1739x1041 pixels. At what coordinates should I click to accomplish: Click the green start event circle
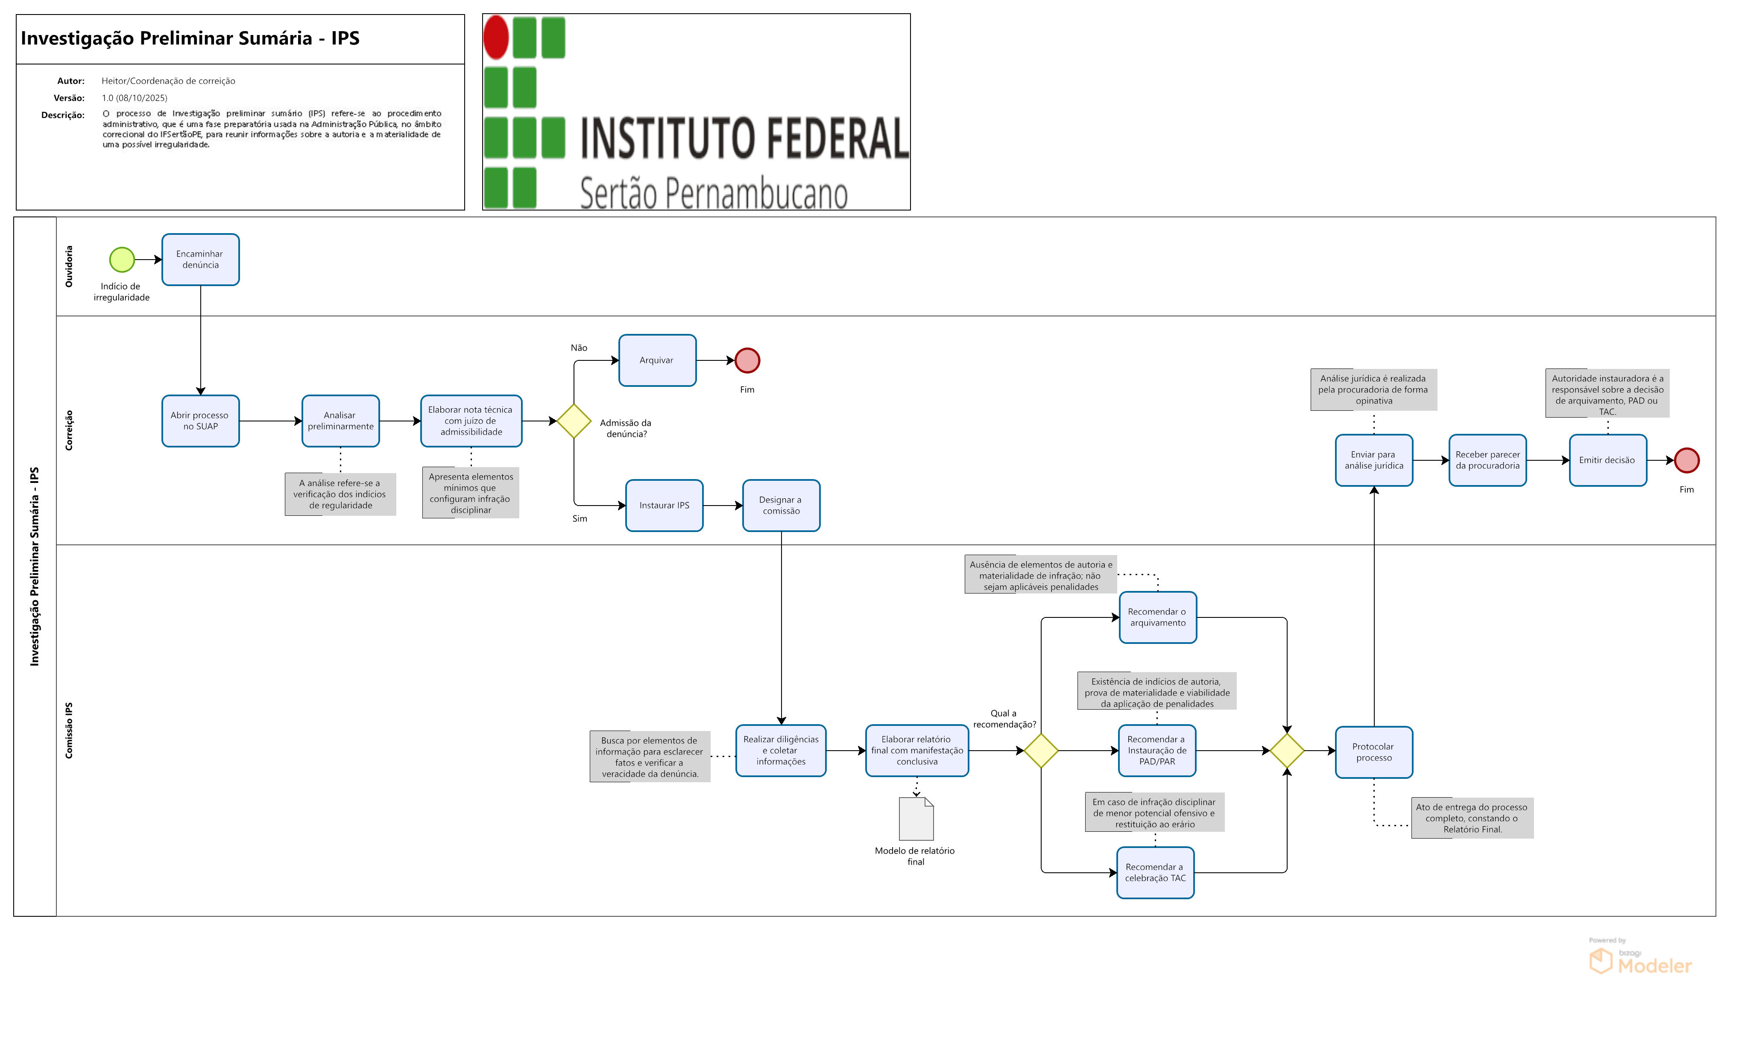click(x=122, y=260)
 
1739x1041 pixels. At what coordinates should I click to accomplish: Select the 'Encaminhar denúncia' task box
click(x=201, y=260)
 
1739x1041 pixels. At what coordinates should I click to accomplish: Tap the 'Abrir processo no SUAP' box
click(x=201, y=421)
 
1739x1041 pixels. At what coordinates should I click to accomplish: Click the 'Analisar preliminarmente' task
click(x=340, y=421)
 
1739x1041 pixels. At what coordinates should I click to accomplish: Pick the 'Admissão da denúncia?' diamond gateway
click(x=574, y=421)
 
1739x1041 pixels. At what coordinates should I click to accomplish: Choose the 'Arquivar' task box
click(x=657, y=360)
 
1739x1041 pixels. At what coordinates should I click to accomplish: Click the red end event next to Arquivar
click(x=747, y=360)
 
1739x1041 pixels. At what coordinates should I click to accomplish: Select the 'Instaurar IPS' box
click(x=665, y=505)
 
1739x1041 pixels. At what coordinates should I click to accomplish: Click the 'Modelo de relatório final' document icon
click(x=916, y=819)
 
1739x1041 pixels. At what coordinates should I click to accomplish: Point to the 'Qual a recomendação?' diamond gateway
click(x=1041, y=751)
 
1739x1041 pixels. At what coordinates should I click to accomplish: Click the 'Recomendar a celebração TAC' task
click(x=1155, y=873)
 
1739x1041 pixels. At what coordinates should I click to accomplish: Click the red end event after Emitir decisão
click(x=1686, y=460)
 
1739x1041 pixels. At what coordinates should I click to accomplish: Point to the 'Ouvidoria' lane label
click(x=69, y=266)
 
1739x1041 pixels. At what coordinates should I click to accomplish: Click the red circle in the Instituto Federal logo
click(x=496, y=37)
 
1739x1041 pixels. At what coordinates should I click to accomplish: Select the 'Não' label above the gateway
click(x=579, y=348)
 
